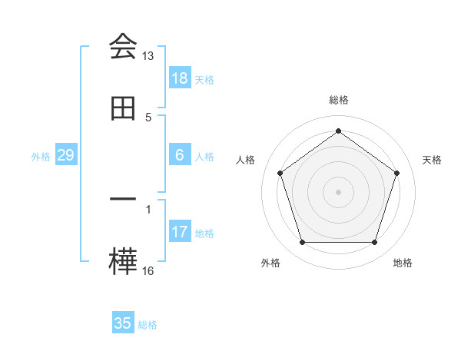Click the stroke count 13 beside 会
click(x=148, y=56)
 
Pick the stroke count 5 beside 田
click(x=148, y=117)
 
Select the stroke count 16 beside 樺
click(x=148, y=270)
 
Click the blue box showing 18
click(x=179, y=78)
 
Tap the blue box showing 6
click(x=179, y=155)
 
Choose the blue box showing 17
click(x=179, y=232)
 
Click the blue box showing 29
click(x=65, y=155)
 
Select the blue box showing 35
click(x=122, y=323)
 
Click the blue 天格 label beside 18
click(x=204, y=79)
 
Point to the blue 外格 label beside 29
click(x=41, y=156)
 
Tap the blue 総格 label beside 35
click(x=148, y=324)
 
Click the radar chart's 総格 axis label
click(x=338, y=100)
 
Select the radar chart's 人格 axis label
click(x=245, y=160)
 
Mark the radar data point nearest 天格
click(x=396, y=173)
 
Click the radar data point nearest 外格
click(x=302, y=243)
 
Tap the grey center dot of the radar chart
click(x=338, y=191)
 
